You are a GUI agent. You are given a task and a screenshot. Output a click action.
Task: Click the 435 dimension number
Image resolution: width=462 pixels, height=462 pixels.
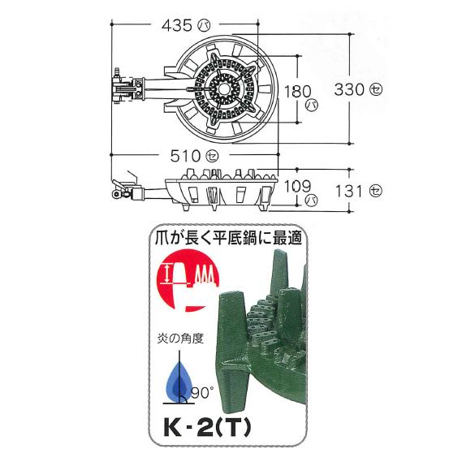(177, 26)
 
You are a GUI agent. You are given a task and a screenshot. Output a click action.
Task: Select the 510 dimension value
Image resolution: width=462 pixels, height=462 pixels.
(185, 156)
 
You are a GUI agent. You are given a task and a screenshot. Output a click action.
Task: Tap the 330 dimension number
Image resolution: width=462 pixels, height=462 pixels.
(349, 89)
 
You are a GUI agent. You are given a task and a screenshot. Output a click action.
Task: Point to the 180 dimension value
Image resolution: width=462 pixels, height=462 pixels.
(297, 92)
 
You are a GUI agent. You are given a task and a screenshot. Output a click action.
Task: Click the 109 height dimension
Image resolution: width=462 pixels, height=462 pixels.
(297, 187)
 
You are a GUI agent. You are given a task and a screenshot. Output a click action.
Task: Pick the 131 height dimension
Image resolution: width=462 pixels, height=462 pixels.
(349, 192)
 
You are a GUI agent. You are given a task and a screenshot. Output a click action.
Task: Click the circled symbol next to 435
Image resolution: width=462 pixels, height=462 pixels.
(204, 26)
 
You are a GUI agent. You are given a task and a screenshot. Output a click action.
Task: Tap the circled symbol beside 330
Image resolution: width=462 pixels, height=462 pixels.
(376, 89)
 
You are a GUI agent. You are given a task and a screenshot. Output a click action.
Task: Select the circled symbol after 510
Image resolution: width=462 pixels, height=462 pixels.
(212, 156)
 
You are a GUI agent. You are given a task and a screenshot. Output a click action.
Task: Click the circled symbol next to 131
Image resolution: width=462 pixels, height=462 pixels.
(376, 192)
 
